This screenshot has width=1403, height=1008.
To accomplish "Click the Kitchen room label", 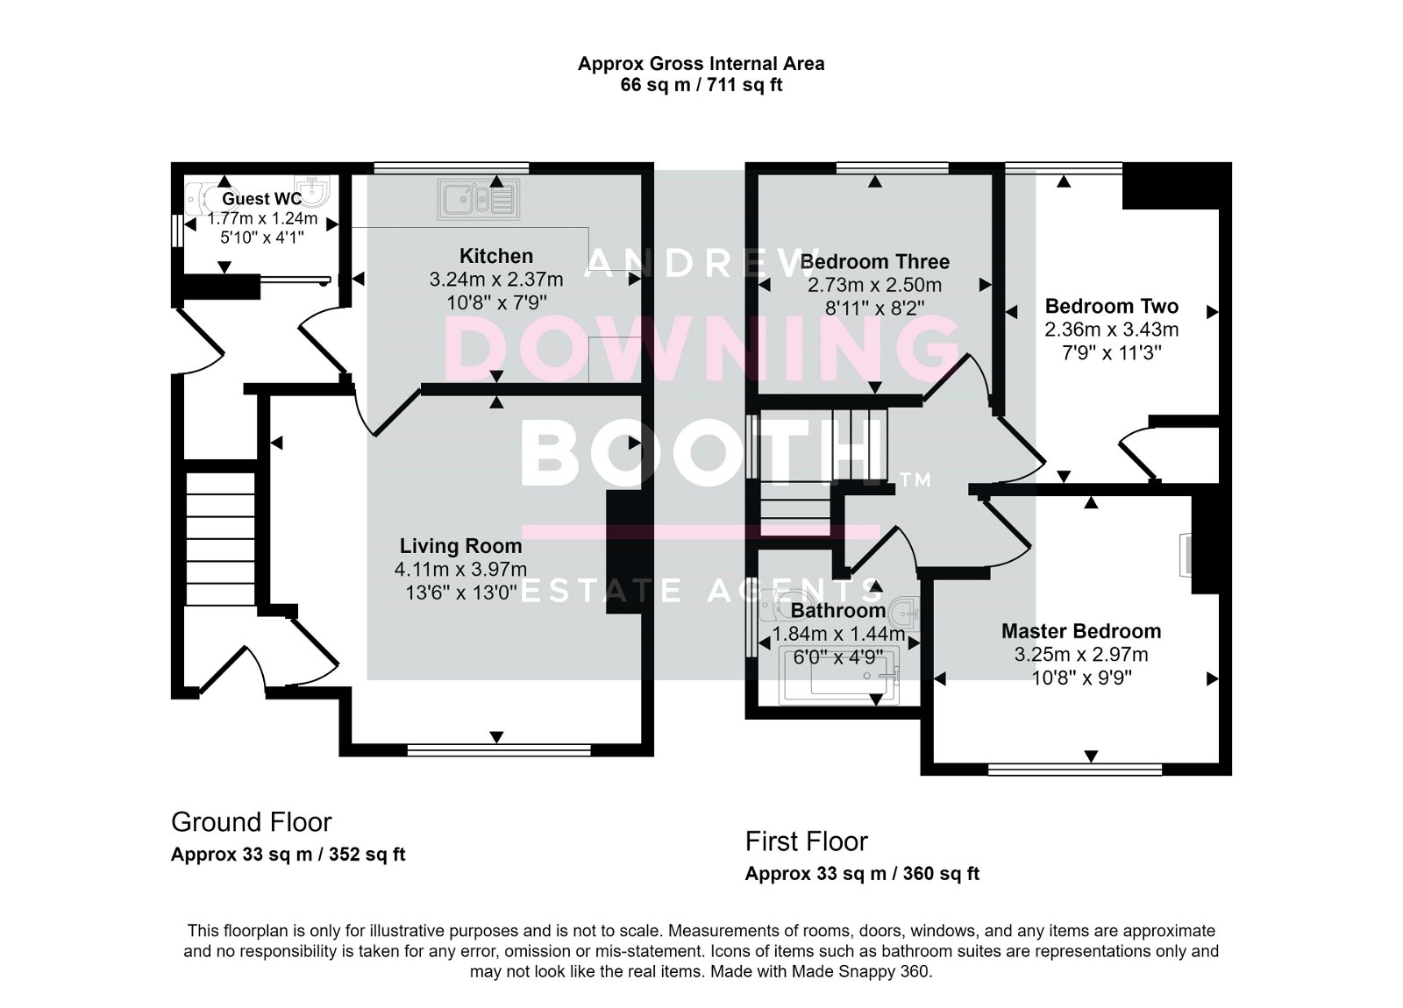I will (x=496, y=256).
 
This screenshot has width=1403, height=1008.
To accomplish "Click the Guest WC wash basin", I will (x=312, y=189).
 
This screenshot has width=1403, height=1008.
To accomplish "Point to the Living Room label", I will (x=460, y=547).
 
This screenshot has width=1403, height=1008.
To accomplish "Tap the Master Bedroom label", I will (x=1081, y=631).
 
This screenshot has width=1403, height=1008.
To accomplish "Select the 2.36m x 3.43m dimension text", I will (x=1111, y=330).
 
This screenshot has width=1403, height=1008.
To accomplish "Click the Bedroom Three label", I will (x=874, y=261).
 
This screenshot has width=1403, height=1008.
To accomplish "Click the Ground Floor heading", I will (x=251, y=822).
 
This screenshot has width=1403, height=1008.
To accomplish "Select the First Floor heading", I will (x=806, y=841).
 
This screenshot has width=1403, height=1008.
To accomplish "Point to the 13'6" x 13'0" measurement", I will (x=460, y=593).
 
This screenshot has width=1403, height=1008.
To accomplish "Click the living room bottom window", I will (x=498, y=749).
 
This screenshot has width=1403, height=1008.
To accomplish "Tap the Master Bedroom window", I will (x=1075, y=769).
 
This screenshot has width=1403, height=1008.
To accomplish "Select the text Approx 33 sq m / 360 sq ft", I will (x=862, y=874).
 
